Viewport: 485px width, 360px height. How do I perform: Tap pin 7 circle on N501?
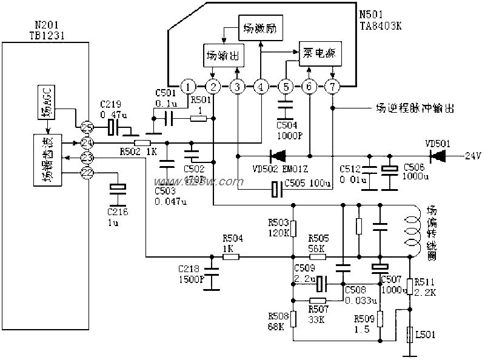tap(332, 87)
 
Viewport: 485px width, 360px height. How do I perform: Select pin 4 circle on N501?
tap(261, 87)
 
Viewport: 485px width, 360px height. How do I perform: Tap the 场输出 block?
tap(222, 56)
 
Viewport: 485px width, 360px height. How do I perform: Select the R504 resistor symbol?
tap(230, 256)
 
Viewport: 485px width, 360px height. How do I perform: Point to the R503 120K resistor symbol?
tap(293, 228)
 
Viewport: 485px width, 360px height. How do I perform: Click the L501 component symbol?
tap(410, 334)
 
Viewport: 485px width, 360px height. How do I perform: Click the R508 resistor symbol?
tap(293, 319)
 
